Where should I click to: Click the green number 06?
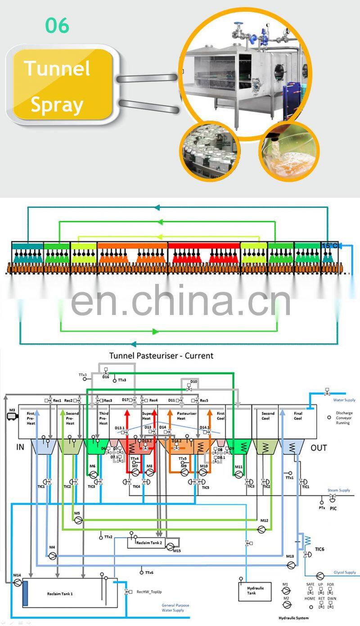pos(57,26)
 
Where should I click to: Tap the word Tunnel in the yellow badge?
pos(57,68)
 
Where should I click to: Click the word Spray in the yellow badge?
pos(57,104)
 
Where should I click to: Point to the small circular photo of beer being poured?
pos(288,151)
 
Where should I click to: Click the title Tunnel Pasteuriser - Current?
pos(161,356)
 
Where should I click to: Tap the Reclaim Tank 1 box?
pos(60,594)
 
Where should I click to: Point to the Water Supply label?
pos(344,400)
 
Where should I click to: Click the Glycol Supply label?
pos(344,572)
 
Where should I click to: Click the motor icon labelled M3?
pos(12,417)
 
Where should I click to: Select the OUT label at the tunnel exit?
pos(319,448)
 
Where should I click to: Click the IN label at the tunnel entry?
pos(20,447)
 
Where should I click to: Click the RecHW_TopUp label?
pos(149,592)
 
